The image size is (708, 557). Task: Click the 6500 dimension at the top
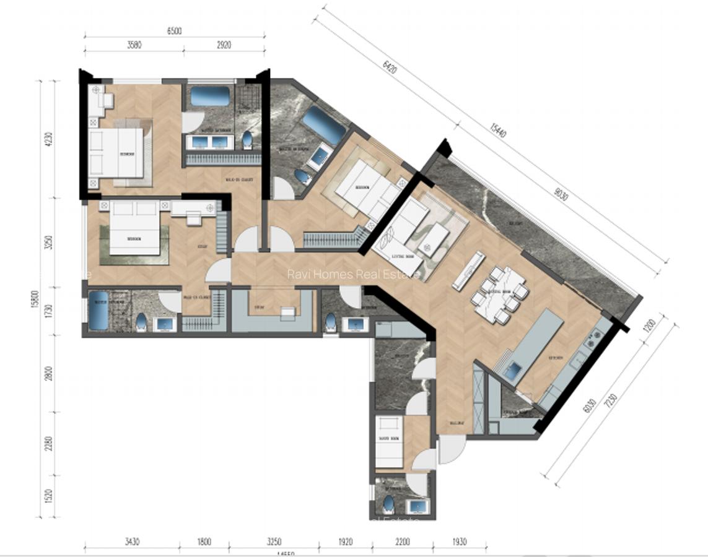coord(174,31)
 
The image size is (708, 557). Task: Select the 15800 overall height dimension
coord(35,301)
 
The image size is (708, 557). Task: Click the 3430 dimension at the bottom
coord(132,542)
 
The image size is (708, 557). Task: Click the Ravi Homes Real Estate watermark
coord(353,274)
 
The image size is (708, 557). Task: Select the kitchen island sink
coord(513,371)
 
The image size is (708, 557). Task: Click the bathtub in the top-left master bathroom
coord(209,97)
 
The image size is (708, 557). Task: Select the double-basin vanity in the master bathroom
coord(209,142)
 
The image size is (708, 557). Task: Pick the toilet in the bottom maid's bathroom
coord(389,504)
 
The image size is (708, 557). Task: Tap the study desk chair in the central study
coord(286,314)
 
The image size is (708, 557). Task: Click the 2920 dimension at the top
coord(224,45)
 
